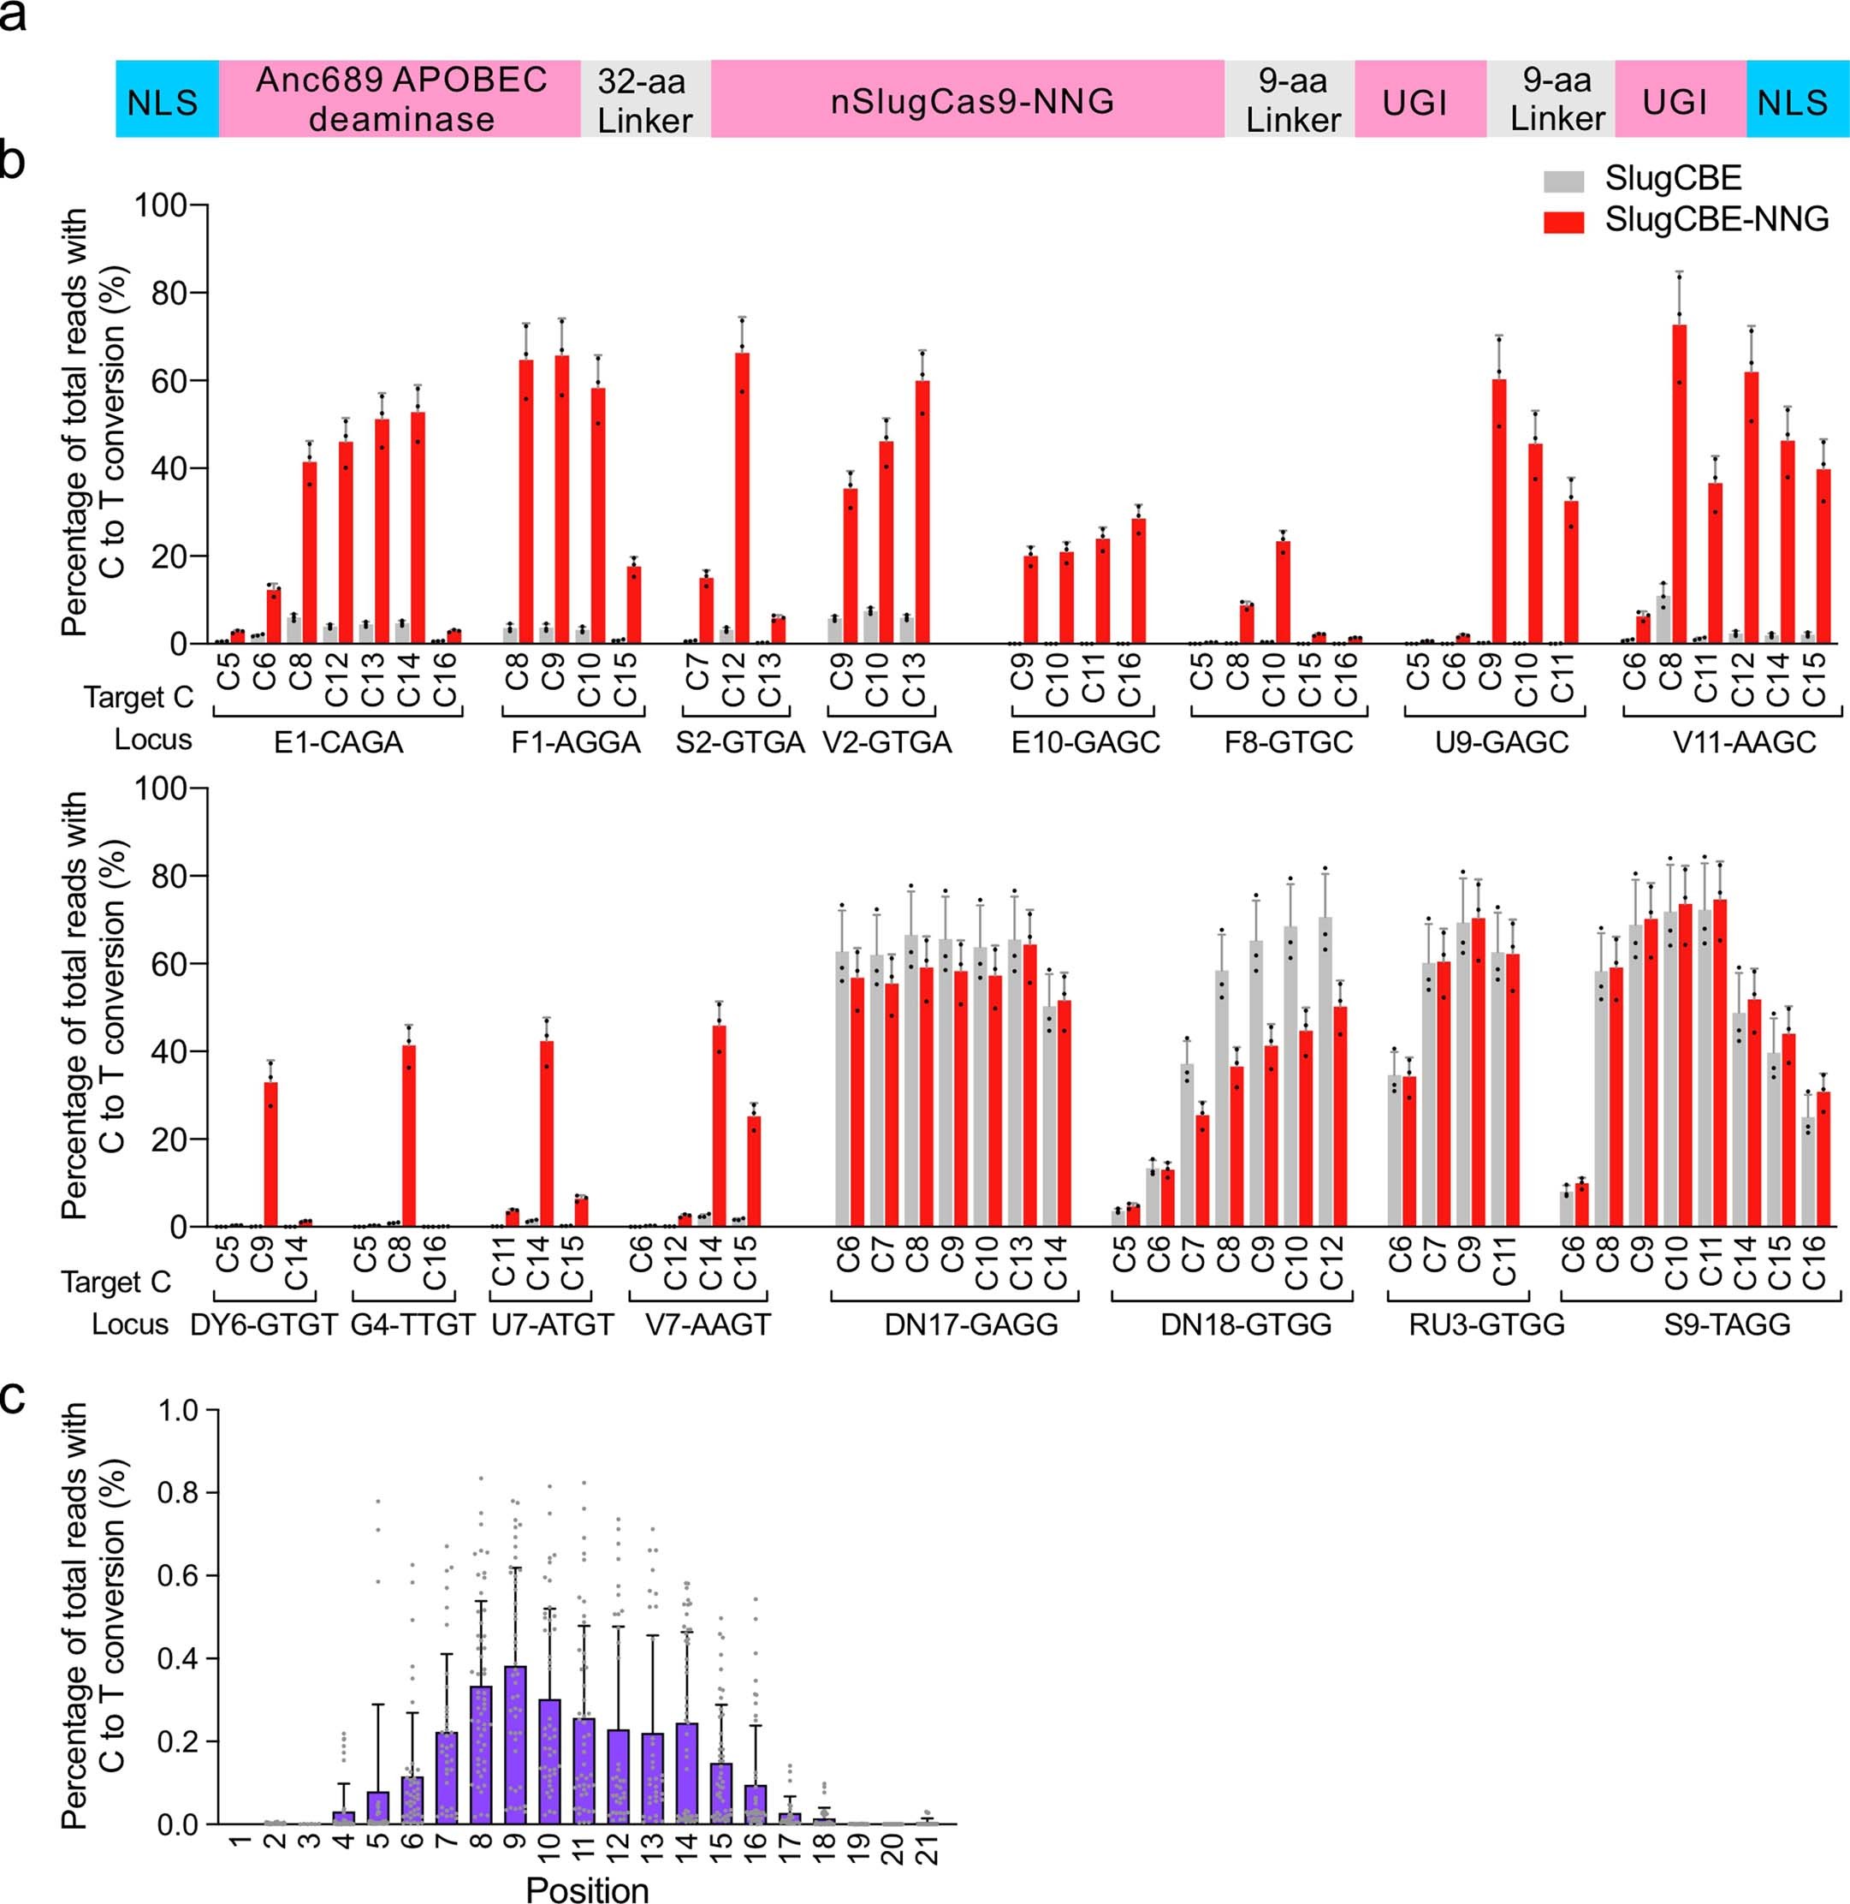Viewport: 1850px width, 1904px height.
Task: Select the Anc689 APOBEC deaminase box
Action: pyautogui.click(x=400, y=99)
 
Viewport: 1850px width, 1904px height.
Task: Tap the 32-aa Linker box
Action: pyautogui.click(x=645, y=99)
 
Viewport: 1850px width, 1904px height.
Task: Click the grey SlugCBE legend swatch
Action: pyautogui.click(x=1563, y=181)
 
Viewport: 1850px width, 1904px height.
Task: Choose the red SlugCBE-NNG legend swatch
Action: pyautogui.click(x=1563, y=223)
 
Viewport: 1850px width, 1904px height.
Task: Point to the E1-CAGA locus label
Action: pyautogui.click(x=337, y=743)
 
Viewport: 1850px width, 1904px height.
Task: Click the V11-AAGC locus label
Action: pyautogui.click(x=1744, y=743)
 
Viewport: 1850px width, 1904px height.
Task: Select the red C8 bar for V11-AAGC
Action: pyautogui.click(x=1679, y=486)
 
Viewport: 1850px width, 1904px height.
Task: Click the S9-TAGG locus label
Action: pyautogui.click(x=1727, y=1324)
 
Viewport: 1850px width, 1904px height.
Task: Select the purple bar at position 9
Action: pyautogui.click(x=516, y=1745)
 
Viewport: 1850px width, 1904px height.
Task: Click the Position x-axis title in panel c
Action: pyautogui.click(x=587, y=1889)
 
